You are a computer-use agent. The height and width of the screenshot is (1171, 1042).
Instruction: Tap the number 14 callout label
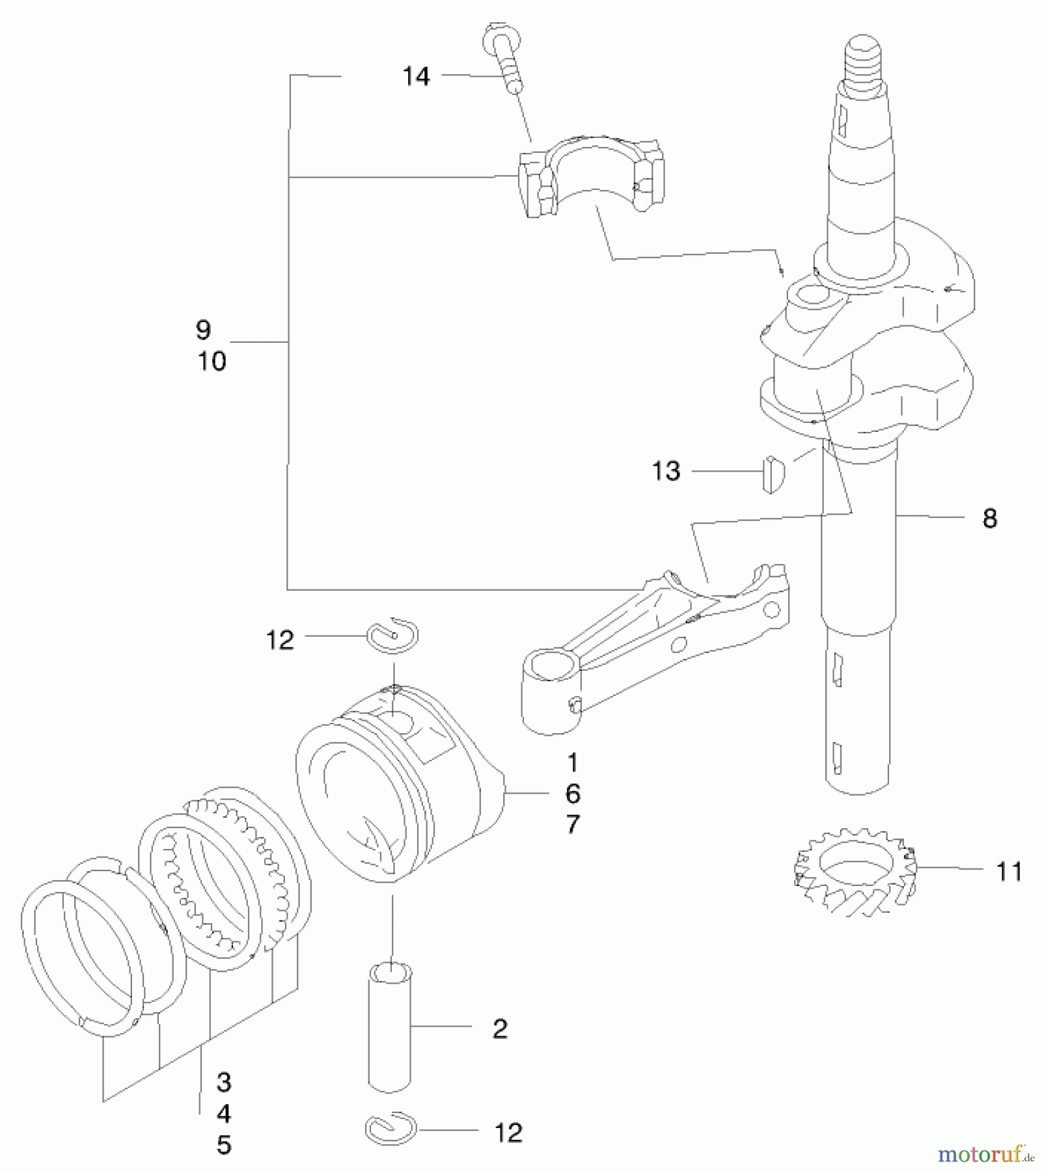click(416, 77)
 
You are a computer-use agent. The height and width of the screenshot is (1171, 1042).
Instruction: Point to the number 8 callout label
click(989, 519)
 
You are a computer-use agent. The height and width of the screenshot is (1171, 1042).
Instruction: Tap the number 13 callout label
click(666, 471)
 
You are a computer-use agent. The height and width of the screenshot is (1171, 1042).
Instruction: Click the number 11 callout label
click(1009, 872)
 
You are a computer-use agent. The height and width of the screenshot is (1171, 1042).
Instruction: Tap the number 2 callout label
click(499, 1029)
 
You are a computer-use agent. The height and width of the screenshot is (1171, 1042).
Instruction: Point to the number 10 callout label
click(212, 362)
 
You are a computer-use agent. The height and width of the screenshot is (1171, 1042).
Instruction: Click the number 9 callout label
click(203, 330)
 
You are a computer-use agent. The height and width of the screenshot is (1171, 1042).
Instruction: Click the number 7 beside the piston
click(572, 825)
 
